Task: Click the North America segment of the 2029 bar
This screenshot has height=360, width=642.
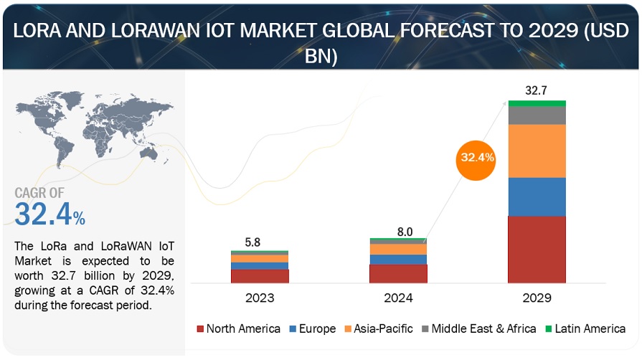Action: coord(537,249)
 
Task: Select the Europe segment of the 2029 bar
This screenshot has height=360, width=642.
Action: coord(537,196)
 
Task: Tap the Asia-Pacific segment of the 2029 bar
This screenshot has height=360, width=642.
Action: coord(537,151)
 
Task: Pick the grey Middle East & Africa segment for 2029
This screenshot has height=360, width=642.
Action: coord(537,115)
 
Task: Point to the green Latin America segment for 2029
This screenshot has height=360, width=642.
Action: coord(537,103)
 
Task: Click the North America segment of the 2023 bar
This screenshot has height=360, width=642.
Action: coord(259,275)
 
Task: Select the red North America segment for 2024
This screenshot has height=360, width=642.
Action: coord(398,273)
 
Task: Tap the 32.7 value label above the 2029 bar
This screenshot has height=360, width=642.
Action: coord(537,90)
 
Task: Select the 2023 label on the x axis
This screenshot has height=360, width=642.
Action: coord(259,295)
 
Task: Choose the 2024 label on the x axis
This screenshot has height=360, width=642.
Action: coord(398,295)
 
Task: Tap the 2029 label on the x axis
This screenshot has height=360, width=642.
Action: coord(537,295)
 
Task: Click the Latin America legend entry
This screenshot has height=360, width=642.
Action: coord(586,328)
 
